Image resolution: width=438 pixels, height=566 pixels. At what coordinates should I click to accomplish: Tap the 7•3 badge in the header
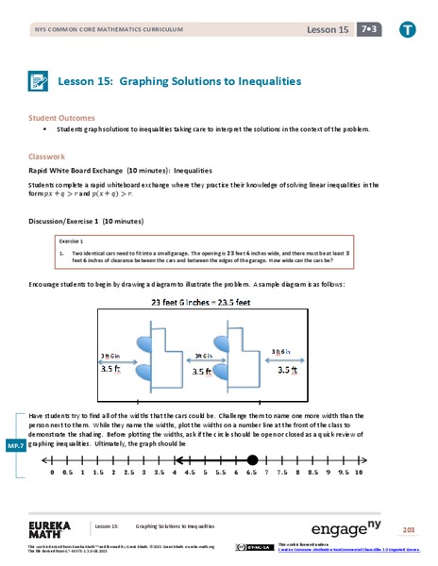coord(366,30)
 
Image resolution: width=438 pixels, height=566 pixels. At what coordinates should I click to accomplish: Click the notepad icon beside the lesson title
coord(41,82)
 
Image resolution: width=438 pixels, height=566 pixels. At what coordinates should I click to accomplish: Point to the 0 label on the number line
coord(51,474)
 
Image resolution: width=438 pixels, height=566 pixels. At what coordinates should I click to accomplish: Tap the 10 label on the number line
coord(359,474)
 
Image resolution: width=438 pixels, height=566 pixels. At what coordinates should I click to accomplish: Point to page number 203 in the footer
coord(409,529)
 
